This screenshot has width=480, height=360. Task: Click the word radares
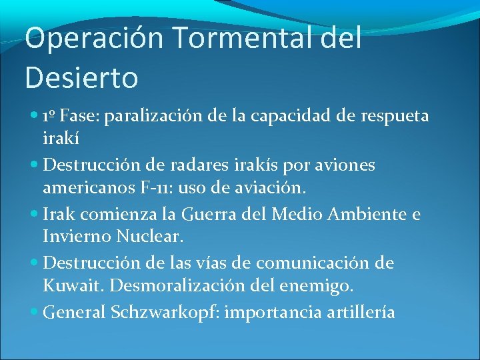(199, 165)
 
